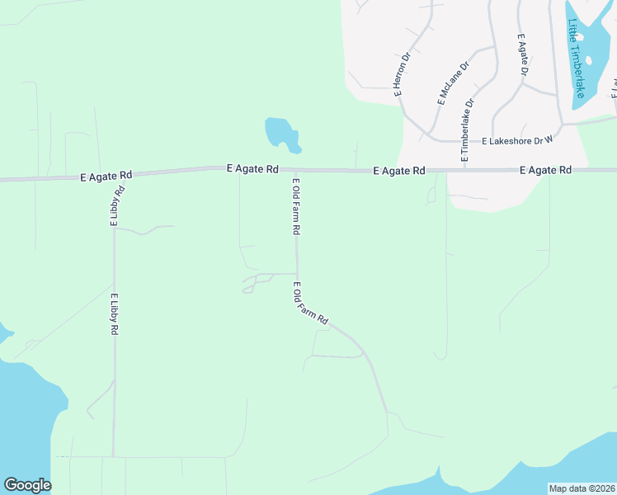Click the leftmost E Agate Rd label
coord(106,176)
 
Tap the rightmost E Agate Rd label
coord(545,170)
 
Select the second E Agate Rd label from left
coord(252,168)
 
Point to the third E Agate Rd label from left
coord(398,171)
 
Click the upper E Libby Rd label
coord(117,206)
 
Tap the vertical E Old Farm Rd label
coord(295,206)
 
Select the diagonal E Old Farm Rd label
coord(311,303)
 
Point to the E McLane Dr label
coord(452,83)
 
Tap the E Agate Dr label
coord(521,55)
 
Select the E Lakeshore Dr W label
coord(516,141)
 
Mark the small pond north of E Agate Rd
coord(280,133)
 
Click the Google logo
coord(27,485)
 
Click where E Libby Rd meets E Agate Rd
coord(113,175)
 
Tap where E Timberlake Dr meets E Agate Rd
coord(464,170)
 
